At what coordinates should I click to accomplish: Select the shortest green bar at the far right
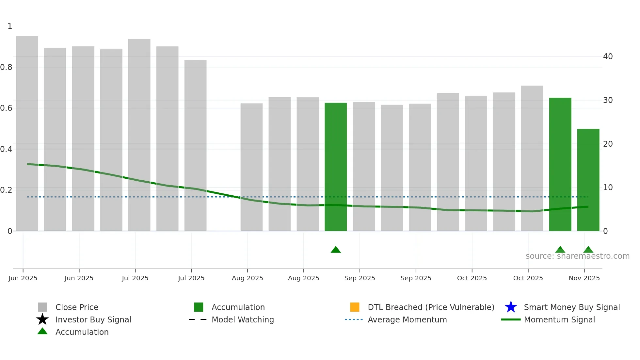pyautogui.click(x=588, y=180)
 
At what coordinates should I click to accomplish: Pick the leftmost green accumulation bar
pyautogui.click(x=336, y=167)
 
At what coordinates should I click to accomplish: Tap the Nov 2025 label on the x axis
pyautogui.click(x=584, y=278)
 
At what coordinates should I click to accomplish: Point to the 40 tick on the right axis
pyautogui.click(x=608, y=57)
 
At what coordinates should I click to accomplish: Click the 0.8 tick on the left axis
pyautogui.click(x=7, y=67)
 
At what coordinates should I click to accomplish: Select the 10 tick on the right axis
pyautogui.click(x=608, y=188)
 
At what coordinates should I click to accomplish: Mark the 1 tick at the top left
pyautogui.click(x=10, y=26)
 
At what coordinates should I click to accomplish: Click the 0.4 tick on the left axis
pyautogui.click(x=7, y=149)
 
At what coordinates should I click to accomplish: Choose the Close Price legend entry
pyautogui.click(x=77, y=307)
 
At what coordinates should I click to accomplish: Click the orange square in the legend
pyautogui.click(x=355, y=307)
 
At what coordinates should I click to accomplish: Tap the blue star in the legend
pyautogui.click(x=511, y=307)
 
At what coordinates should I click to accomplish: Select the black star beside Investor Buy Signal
pyautogui.click(x=42, y=319)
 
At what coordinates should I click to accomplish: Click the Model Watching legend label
pyautogui.click(x=243, y=319)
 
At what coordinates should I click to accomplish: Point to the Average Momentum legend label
pyautogui.click(x=407, y=319)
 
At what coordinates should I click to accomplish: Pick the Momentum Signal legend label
pyautogui.click(x=559, y=319)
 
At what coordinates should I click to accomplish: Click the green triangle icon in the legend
pyautogui.click(x=42, y=331)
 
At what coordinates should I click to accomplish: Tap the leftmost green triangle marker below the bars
pyautogui.click(x=336, y=250)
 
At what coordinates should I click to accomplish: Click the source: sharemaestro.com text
pyautogui.click(x=577, y=256)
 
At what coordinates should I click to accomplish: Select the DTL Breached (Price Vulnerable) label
pyautogui.click(x=431, y=307)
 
